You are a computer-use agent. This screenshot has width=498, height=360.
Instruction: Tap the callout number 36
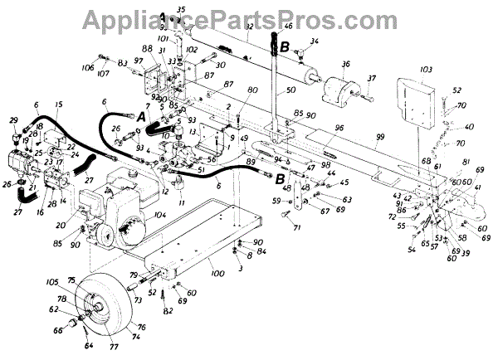(x=345, y=63)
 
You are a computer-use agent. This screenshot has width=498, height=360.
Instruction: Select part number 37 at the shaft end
(x=373, y=78)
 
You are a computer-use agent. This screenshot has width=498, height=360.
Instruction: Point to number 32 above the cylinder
(x=248, y=27)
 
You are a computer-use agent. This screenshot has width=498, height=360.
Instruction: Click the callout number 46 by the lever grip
(x=288, y=27)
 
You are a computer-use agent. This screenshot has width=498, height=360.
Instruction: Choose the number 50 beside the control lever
(x=290, y=89)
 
